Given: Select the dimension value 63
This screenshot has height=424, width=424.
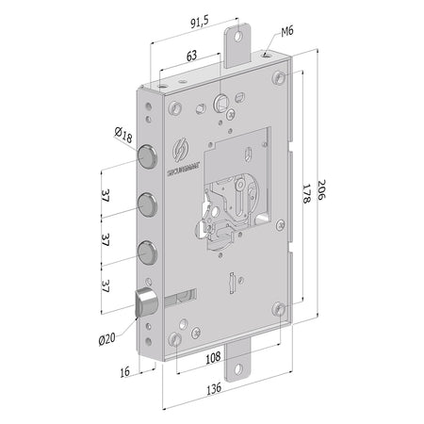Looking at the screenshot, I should pyautogui.click(x=191, y=56).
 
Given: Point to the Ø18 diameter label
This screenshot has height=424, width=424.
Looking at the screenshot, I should pyautogui.click(x=122, y=138).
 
